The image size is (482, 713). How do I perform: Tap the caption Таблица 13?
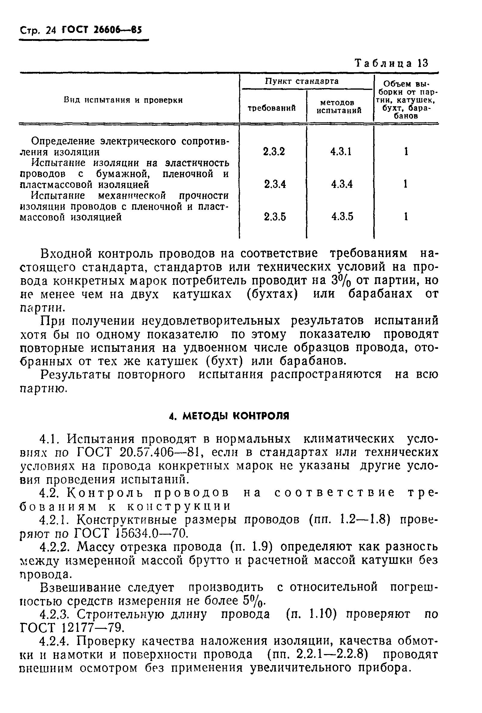pyautogui.click(x=391, y=63)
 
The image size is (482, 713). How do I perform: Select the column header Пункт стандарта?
pyautogui.click(x=302, y=81)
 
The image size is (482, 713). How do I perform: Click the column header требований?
pyautogui.click(x=272, y=108)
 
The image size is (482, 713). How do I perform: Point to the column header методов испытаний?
pyautogui.click(x=339, y=106)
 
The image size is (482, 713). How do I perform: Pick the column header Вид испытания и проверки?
pyautogui.click(x=123, y=100)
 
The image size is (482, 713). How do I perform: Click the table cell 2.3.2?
pyautogui.click(x=274, y=152)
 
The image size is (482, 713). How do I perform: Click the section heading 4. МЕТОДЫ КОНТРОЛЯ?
pyautogui.click(x=229, y=416)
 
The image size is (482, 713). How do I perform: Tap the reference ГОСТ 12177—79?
pyautogui.click(x=72, y=628)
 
